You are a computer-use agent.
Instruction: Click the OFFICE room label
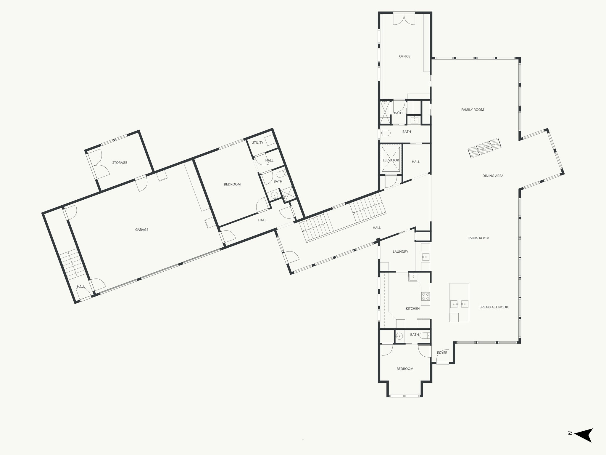[x=404, y=56]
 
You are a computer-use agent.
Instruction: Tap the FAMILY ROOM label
[x=473, y=110]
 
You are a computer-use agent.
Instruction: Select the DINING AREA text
[x=493, y=176]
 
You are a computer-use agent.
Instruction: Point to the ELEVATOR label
[x=391, y=160]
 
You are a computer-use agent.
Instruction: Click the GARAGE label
[x=142, y=230]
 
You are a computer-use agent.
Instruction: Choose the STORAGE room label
[x=120, y=163]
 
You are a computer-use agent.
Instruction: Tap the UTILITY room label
[x=257, y=142]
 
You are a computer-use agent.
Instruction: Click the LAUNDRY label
[x=400, y=251]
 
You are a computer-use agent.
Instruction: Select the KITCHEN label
[x=412, y=308]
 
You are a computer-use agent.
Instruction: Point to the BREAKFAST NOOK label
[x=494, y=307]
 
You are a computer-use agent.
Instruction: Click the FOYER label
[x=442, y=353]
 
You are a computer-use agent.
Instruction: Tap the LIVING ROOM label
[x=478, y=238]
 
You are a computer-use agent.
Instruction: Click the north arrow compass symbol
[x=584, y=443]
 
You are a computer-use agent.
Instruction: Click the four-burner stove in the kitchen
[x=426, y=296]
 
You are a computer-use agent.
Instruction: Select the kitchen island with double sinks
[x=459, y=302]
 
